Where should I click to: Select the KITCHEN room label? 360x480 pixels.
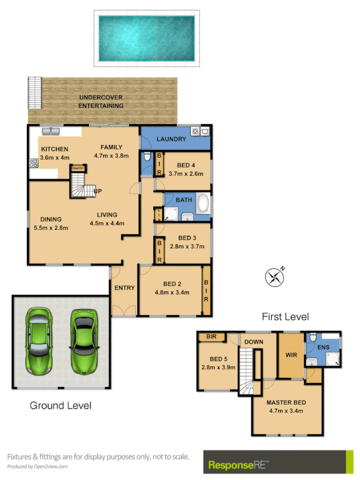(x=54, y=149)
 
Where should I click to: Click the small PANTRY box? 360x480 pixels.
(x=77, y=169)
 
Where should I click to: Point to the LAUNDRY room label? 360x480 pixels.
(x=172, y=140)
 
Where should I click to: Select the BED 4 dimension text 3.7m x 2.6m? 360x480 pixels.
(x=185, y=173)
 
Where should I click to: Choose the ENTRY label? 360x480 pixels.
(x=124, y=288)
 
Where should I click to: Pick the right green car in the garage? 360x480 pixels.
(x=83, y=341)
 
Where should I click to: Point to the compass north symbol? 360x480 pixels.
(x=275, y=277)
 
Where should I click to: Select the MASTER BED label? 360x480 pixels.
(x=286, y=402)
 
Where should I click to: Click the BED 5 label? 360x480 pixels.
(x=211, y=359)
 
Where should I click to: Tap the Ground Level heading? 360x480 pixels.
(x=61, y=406)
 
